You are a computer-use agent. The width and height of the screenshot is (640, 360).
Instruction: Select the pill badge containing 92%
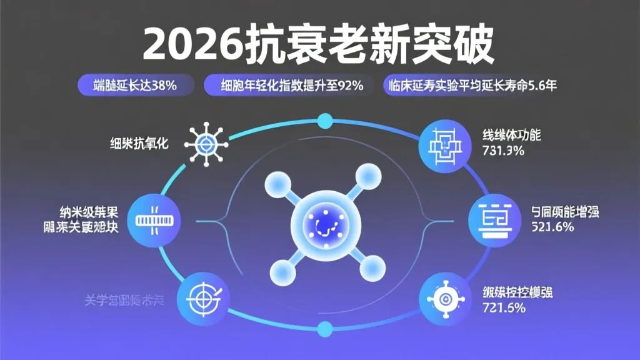pos(292,86)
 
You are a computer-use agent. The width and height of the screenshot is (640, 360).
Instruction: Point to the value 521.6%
pos(552,227)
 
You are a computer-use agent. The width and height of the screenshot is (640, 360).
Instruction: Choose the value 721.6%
pos(503,307)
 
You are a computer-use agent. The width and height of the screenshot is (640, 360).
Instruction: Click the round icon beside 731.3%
pos(444,146)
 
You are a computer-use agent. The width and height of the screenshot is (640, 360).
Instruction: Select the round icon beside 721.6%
pos(444,299)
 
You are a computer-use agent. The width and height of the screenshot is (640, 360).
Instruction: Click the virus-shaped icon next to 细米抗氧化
pos(206,144)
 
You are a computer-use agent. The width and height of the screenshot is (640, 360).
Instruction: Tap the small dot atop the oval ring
pos(325,120)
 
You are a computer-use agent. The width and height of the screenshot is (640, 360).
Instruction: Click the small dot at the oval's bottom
pos(325,327)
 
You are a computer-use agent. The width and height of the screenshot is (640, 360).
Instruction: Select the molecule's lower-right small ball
pos(373,265)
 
